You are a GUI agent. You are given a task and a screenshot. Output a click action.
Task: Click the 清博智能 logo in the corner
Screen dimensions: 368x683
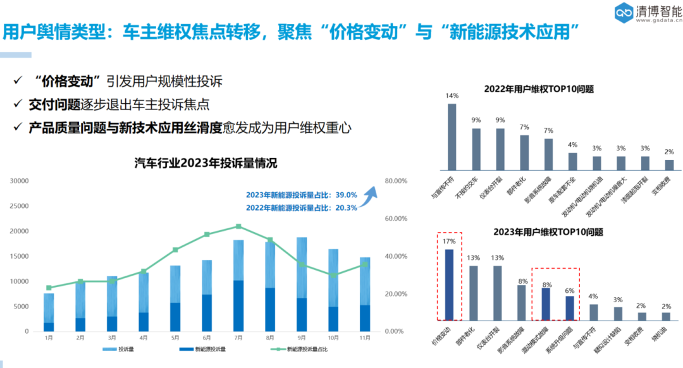(646, 12)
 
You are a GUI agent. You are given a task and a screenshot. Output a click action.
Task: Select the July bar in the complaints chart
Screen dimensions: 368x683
(238, 285)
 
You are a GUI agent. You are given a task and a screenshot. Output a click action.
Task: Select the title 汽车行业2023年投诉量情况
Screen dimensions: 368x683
(206, 163)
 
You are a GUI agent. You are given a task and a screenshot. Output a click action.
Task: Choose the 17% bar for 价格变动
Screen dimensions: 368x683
(449, 285)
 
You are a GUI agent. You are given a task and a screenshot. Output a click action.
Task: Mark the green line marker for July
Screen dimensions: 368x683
(238, 226)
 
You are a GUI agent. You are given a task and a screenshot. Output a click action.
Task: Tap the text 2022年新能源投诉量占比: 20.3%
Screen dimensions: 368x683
(302, 207)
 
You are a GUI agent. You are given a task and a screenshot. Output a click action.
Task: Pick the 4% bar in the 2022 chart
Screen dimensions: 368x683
(572, 162)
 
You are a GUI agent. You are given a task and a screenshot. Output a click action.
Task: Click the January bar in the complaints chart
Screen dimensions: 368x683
(49, 312)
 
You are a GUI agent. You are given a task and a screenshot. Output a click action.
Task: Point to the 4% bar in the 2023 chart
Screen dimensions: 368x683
(594, 312)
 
